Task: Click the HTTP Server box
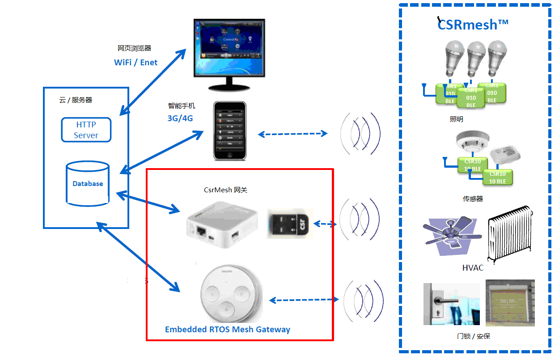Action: click(x=86, y=130)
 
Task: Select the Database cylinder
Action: click(x=88, y=184)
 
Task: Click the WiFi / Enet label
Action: click(x=136, y=63)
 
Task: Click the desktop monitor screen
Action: click(x=229, y=48)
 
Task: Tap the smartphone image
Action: click(x=229, y=131)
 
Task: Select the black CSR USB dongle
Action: click(x=290, y=223)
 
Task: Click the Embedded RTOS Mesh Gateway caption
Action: click(x=228, y=330)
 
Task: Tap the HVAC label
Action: click(x=473, y=268)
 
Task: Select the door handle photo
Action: click(x=451, y=304)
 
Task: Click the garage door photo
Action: click(x=510, y=303)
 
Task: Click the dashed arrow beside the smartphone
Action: click(x=293, y=134)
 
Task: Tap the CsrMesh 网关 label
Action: click(x=225, y=190)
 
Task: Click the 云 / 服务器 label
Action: click(x=76, y=100)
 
